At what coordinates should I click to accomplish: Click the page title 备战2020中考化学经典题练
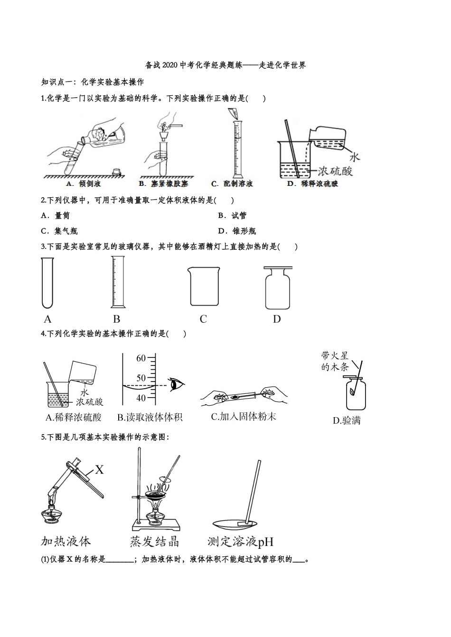click(225, 65)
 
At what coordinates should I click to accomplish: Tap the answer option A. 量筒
click(56, 216)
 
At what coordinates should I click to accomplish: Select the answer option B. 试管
click(232, 216)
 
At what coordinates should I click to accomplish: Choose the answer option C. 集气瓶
click(59, 231)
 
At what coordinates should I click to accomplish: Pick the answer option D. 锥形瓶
click(237, 231)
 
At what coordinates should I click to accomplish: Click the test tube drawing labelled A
click(47, 282)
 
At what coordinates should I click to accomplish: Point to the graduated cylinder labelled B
click(117, 282)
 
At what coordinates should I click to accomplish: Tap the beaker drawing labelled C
click(204, 286)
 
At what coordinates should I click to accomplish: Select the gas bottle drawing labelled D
click(278, 287)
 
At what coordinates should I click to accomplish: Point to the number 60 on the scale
click(141, 358)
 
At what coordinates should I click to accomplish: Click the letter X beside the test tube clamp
click(99, 470)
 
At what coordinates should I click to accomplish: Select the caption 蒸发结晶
click(154, 542)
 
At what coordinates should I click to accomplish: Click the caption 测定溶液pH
click(240, 542)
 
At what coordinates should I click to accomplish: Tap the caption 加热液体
click(66, 542)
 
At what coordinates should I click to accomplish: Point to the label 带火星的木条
click(335, 361)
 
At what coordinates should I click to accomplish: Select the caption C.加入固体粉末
click(243, 417)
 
